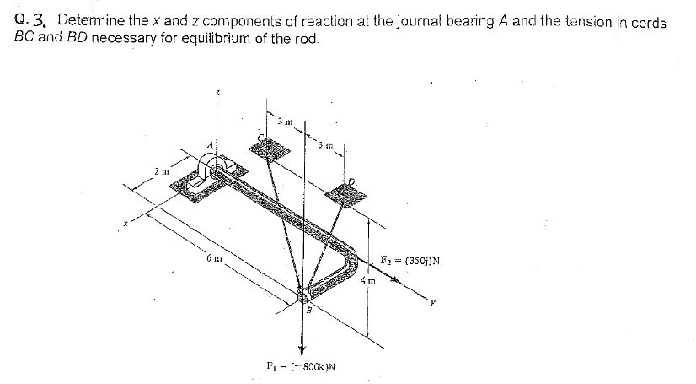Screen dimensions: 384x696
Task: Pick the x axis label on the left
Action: [125, 224]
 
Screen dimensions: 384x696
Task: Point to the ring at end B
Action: [303, 295]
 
